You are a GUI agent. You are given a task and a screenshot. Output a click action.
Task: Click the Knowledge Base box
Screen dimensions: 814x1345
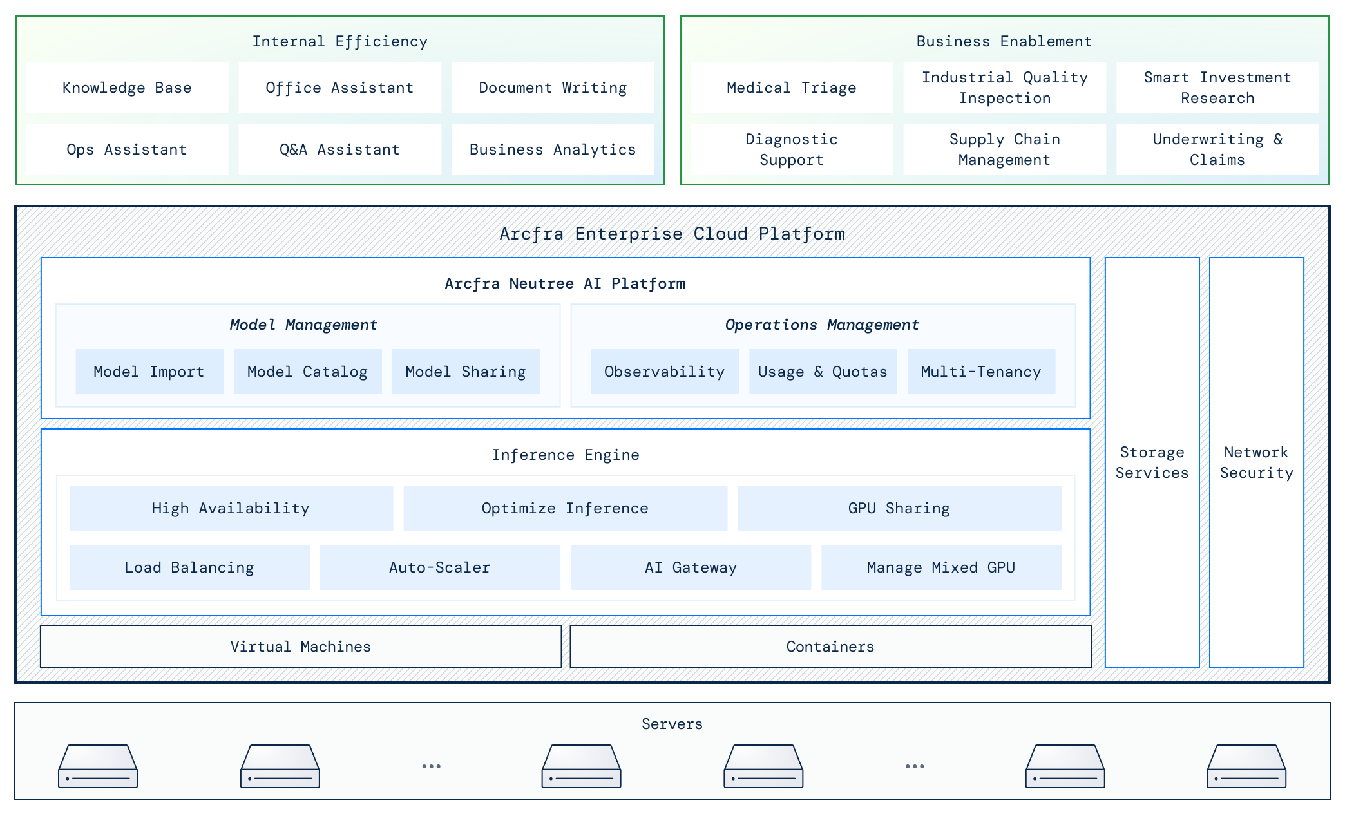(127, 88)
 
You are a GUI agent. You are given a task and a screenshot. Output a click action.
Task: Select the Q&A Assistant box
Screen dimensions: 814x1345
(339, 149)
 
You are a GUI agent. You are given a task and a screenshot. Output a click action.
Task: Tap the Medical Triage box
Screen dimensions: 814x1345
(791, 88)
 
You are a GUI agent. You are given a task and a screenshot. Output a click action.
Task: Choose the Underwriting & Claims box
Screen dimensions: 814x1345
(1217, 149)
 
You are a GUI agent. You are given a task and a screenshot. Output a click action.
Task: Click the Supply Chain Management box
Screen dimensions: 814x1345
(1004, 149)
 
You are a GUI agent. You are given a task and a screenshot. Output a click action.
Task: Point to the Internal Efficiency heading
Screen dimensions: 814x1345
(339, 41)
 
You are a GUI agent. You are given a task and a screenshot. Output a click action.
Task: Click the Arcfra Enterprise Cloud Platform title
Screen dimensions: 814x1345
(672, 233)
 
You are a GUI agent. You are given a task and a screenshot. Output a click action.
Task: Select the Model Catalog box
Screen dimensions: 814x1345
(307, 372)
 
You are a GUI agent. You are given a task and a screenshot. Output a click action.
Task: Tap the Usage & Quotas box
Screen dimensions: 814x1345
(823, 372)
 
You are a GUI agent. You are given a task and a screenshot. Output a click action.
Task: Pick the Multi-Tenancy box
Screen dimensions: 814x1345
(980, 372)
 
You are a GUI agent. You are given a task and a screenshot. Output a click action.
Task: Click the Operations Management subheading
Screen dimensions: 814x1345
(822, 325)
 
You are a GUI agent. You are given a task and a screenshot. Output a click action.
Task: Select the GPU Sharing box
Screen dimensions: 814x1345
(899, 508)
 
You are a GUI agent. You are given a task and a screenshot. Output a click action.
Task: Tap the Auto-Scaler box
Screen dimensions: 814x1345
(439, 567)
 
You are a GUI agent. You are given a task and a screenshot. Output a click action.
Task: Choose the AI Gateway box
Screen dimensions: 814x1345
(691, 567)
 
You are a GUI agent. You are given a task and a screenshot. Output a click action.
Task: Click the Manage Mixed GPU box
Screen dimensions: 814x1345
(940, 567)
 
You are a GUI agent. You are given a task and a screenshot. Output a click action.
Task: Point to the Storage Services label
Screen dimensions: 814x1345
(1152, 462)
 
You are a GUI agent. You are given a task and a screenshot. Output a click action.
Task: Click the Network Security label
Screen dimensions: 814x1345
(1256, 462)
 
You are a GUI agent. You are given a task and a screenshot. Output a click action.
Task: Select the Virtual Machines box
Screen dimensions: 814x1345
(300, 647)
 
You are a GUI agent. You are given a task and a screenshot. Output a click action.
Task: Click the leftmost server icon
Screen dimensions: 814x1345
(98, 766)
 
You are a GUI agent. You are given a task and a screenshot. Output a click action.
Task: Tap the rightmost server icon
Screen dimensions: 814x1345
(1246, 766)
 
